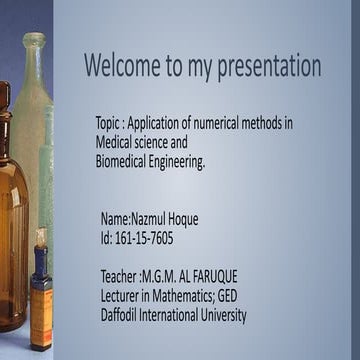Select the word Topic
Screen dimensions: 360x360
(109, 124)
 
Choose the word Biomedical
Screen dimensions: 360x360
(124, 160)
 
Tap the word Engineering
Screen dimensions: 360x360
(181, 160)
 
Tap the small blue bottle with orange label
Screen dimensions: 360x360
(40, 300)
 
